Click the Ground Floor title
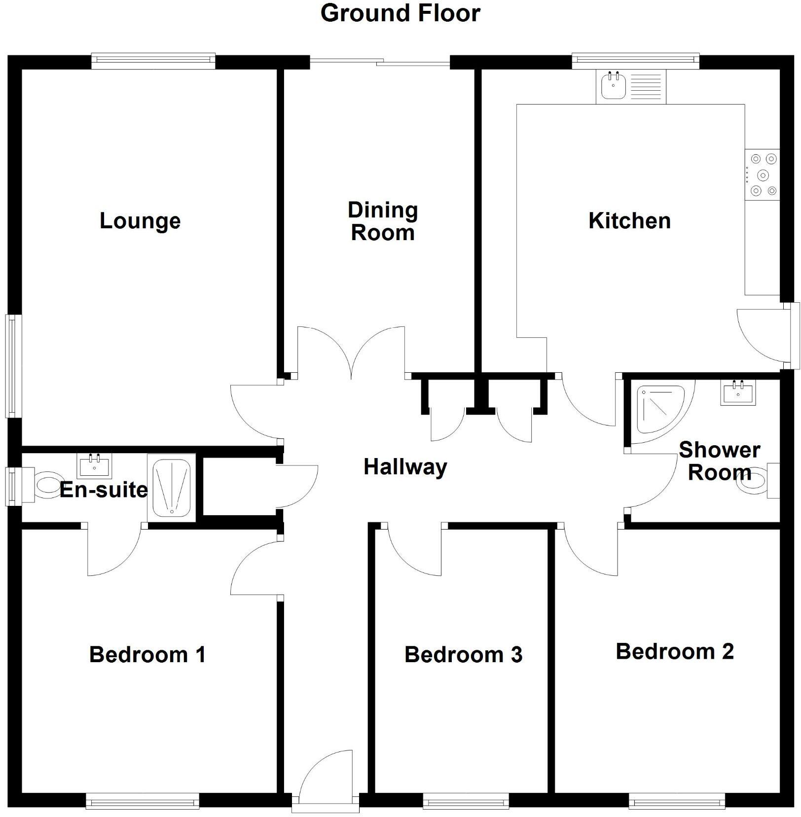point(400,13)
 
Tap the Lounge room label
point(140,220)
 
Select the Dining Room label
point(383,221)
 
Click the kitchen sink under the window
point(614,86)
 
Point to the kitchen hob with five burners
point(763,175)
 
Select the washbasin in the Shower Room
point(738,392)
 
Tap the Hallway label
point(405,466)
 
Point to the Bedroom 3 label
point(463,655)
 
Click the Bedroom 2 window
point(676,801)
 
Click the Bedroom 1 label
point(147,655)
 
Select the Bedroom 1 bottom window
point(142,801)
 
